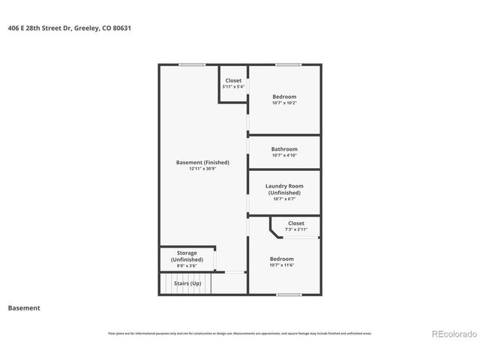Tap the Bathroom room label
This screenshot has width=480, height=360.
click(x=284, y=149)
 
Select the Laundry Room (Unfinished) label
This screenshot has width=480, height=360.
click(x=284, y=189)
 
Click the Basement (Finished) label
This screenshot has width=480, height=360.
click(x=202, y=162)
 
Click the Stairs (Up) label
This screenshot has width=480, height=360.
click(x=187, y=283)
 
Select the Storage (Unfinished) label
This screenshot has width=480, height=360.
click(x=187, y=256)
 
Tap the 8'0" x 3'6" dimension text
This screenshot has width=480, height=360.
click(x=187, y=265)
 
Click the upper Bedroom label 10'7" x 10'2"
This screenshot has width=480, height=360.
click(x=284, y=97)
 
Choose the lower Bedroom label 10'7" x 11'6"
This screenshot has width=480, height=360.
click(x=282, y=259)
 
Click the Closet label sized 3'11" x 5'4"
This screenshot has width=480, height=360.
click(x=233, y=80)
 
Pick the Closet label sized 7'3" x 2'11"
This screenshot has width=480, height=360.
click(x=296, y=223)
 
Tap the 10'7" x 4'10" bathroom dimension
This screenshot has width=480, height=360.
click(x=284, y=156)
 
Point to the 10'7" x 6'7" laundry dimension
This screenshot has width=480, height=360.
click(x=284, y=199)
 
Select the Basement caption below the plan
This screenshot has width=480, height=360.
click(x=23, y=307)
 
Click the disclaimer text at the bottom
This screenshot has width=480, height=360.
click(x=239, y=333)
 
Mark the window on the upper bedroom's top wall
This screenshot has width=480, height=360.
click(x=288, y=65)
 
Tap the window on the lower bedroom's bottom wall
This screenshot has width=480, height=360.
click(x=288, y=295)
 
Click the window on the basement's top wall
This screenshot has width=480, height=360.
click(x=192, y=65)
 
